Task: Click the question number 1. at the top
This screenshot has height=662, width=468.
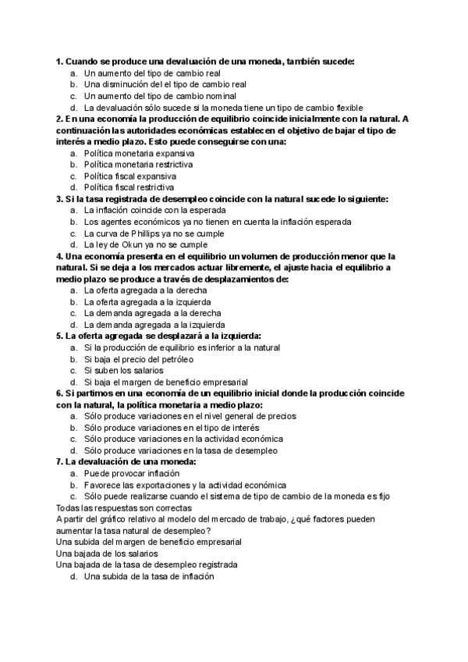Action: click(x=59, y=61)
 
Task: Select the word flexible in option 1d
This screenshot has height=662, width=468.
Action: click(x=346, y=108)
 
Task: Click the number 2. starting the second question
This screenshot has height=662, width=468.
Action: click(x=59, y=119)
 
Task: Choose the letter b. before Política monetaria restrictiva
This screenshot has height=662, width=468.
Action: click(x=73, y=165)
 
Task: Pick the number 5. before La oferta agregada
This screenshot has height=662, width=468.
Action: click(x=59, y=336)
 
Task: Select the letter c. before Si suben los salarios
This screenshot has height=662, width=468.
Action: click(x=73, y=371)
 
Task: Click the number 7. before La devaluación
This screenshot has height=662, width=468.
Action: click(x=59, y=462)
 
